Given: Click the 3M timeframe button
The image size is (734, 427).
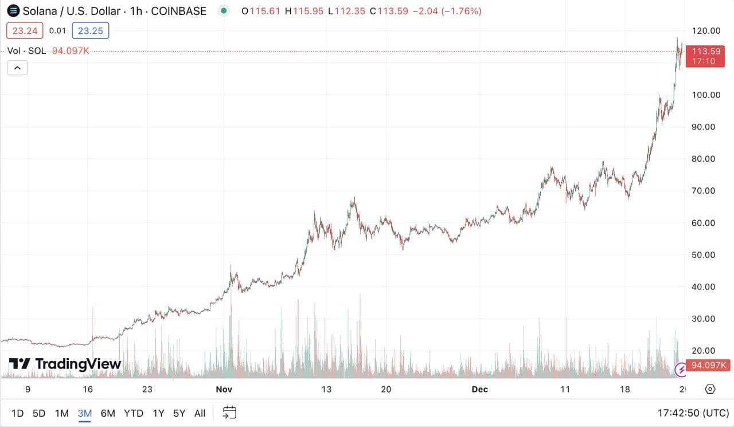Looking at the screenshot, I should coord(85,413).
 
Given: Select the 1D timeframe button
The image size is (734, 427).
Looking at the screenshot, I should coord(18,413).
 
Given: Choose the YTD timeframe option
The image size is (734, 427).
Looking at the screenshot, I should coord(134,413).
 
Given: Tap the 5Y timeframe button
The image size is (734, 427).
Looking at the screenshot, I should coord(179,413).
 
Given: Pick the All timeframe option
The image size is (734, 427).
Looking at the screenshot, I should coord(200,413).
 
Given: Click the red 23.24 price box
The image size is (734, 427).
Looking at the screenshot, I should coord(25,31).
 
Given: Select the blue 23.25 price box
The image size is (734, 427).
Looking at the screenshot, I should coord(91,31).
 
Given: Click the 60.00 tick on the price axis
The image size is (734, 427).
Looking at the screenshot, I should coord(703,223).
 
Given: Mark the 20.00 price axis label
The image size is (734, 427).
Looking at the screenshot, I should coord(703,351).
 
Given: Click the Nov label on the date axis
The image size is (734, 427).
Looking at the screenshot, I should coord(224,390).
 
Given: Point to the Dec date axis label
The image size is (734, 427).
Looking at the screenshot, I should coord(479,390).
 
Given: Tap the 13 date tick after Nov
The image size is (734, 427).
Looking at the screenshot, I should coord(326,390).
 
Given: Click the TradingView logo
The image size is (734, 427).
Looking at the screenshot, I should coord(65,364).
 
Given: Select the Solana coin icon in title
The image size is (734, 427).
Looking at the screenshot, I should coord(13,11).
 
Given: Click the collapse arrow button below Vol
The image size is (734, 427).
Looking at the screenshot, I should coord(17,68).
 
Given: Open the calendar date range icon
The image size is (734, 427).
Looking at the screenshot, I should coord(229,413).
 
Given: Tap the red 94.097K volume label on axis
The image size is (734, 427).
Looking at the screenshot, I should coord(709,365).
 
